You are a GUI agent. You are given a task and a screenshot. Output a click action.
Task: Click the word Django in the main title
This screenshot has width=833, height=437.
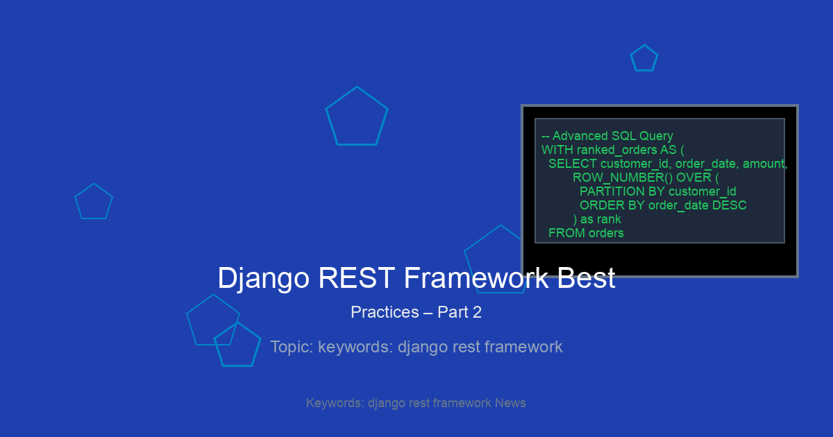click(x=263, y=278)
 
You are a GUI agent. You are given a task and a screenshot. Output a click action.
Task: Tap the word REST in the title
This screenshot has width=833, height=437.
click(x=356, y=277)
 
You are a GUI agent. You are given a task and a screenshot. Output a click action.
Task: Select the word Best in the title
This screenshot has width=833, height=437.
click(x=586, y=277)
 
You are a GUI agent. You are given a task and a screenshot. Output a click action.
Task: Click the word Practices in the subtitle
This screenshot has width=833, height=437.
click(x=385, y=312)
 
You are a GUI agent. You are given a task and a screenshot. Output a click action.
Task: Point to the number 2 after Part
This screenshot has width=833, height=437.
click(x=477, y=312)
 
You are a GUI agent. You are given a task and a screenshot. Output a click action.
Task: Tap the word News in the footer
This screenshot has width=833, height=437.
click(x=510, y=403)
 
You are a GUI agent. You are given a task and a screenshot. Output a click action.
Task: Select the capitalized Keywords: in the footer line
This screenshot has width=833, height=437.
click(x=335, y=403)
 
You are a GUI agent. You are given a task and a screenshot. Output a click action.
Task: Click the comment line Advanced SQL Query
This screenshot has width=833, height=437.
click(x=607, y=136)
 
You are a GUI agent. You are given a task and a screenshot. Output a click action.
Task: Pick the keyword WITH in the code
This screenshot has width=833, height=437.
click(x=557, y=150)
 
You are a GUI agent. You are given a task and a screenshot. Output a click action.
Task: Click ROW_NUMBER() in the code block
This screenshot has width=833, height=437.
click(x=623, y=178)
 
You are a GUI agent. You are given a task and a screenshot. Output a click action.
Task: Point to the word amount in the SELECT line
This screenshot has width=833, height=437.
click(x=763, y=164)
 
